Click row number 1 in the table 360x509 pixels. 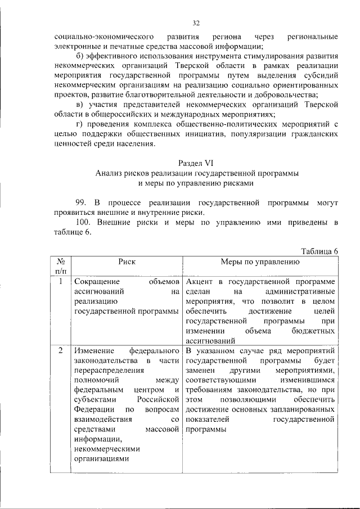pyautogui.click(x=61, y=280)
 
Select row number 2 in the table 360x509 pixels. pyautogui.click(x=61, y=351)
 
